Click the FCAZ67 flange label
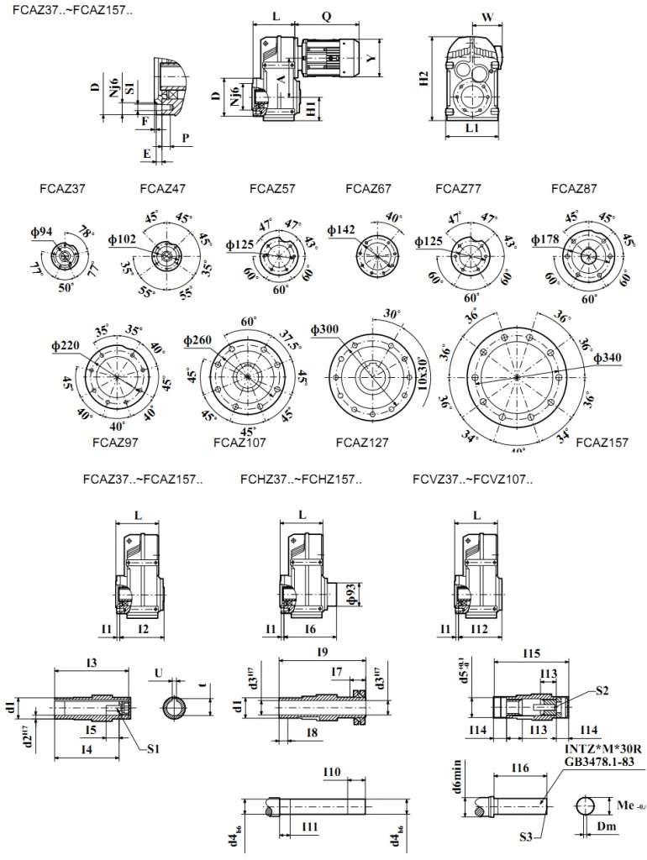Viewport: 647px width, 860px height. tap(368, 189)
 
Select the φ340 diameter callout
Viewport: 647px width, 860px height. tap(607, 359)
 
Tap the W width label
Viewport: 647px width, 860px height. tap(487, 16)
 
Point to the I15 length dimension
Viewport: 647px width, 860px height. tap(529, 654)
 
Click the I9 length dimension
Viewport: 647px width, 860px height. tap(321, 651)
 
